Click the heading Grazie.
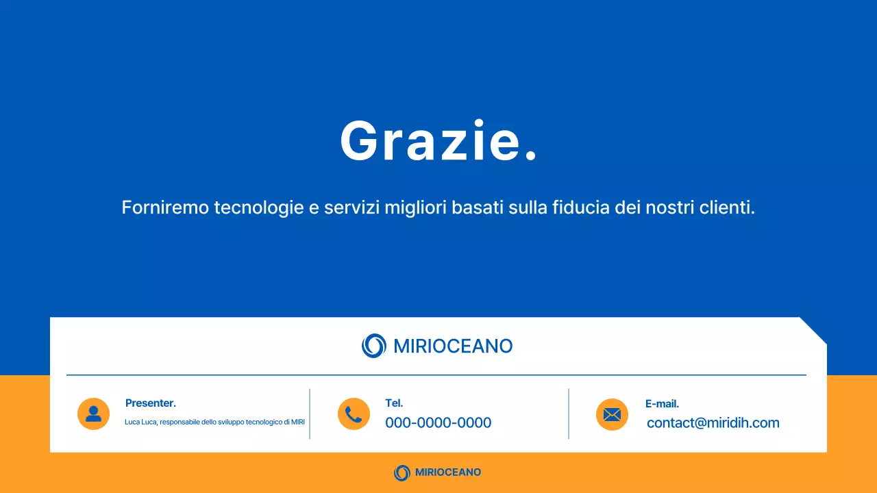[438, 141]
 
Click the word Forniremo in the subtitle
[165, 207]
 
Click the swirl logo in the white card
[374, 346]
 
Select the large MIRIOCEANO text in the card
[453, 346]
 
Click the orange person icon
[93, 414]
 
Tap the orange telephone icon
[354, 414]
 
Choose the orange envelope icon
[612, 414]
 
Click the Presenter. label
[151, 403]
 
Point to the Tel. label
[394, 403]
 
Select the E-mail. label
[662, 404]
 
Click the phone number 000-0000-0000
[438, 423]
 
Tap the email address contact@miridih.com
[713, 423]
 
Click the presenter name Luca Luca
[140, 422]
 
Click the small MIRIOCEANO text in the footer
[447, 472]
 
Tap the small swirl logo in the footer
[402, 472]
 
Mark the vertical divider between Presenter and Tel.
[310, 414]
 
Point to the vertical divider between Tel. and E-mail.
[569, 414]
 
